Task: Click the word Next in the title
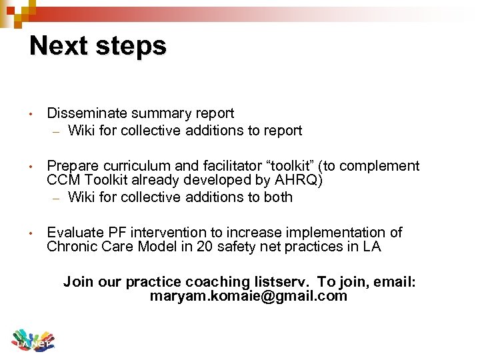pyautogui.click(x=59, y=46)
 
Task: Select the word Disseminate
pyautogui.click(x=85, y=113)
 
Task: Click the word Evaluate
pyautogui.click(x=73, y=232)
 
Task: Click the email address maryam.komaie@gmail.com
pyautogui.click(x=249, y=296)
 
